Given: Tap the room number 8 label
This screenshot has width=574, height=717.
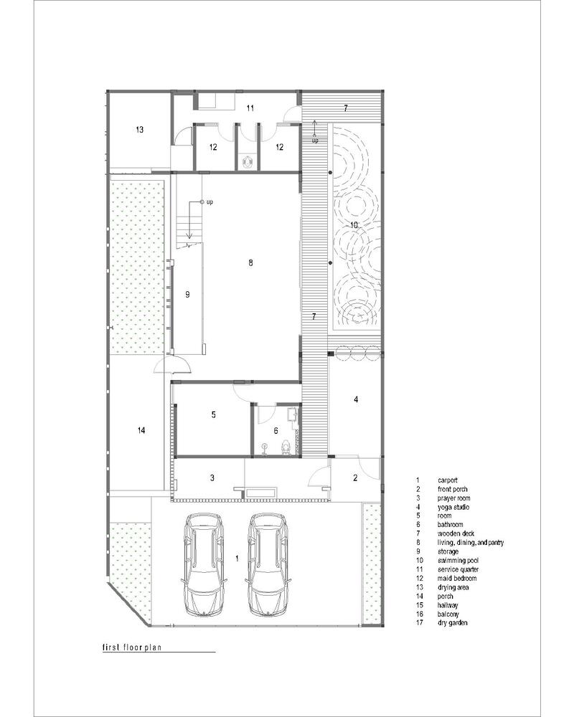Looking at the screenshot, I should pyautogui.click(x=250, y=263).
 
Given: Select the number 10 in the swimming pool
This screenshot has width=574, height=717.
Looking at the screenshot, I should pyautogui.click(x=353, y=225).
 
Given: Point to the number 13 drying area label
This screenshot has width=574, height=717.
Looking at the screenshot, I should pyautogui.click(x=140, y=130).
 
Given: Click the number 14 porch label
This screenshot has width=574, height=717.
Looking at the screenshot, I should pyautogui.click(x=141, y=430).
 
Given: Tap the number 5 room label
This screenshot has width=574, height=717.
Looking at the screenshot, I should pyautogui.click(x=213, y=414).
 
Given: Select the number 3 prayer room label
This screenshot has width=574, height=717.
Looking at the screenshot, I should pyautogui.click(x=212, y=478).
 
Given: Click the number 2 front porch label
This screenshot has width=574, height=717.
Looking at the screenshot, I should pyautogui.click(x=354, y=478).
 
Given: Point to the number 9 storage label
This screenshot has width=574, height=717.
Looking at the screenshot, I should pyautogui.click(x=187, y=294).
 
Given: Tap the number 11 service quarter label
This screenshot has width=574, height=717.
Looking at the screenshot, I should pyautogui.click(x=250, y=108).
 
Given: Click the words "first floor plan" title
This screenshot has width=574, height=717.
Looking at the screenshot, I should pyautogui.click(x=133, y=646).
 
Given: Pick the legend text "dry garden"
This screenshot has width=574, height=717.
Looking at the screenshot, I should pyautogui.click(x=453, y=623).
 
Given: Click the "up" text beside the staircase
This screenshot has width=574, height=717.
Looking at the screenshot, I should pyautogui.click(x=210, y=203).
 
